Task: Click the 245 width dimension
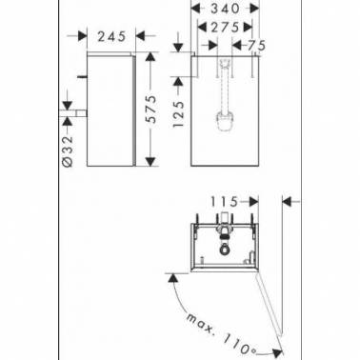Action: point(111,37)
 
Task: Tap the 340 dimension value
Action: point(226,9)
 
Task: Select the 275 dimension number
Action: point(225,28)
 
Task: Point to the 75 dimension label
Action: point(256,46)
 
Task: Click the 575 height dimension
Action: point(152,109)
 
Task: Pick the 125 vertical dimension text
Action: point(178,114)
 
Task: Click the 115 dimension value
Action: point(224,201)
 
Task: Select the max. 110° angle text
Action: point(221,334)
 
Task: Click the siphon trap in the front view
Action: point(225,120)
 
